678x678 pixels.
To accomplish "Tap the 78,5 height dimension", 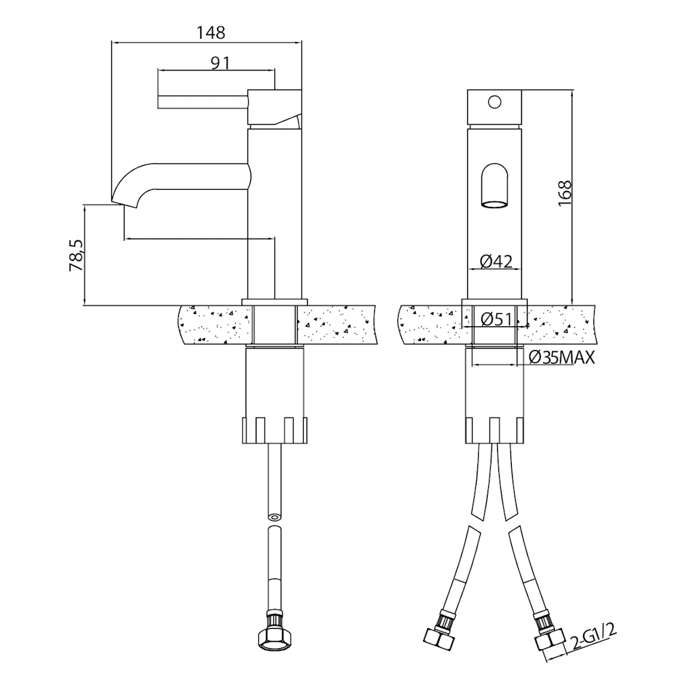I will tap(76, 256).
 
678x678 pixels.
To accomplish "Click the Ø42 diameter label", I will tap(496, 261).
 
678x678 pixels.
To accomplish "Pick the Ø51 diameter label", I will tap(496, 318).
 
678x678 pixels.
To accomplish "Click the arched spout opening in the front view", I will tap(494, 186).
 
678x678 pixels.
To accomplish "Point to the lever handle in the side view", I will tap(203, 101).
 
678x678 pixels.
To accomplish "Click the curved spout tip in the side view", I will tap(125, 197).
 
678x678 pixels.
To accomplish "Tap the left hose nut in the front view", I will tap(437, 635).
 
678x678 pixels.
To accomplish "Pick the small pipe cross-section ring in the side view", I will tap(274, 517).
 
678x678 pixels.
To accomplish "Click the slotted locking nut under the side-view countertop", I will tap(274, 428).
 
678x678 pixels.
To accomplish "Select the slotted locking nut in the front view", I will tap(496, 428).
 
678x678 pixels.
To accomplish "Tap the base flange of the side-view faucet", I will tap(274, 301).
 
